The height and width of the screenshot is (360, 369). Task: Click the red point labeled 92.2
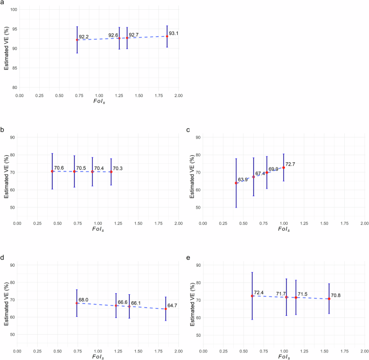tap(77, 40)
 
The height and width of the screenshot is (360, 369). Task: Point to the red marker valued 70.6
tap(52, 171)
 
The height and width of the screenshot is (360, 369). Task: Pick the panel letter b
tap(3, 130)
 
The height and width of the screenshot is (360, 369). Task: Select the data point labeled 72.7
tap(283, 168)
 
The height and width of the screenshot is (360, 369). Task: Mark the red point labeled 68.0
tap(76, 303)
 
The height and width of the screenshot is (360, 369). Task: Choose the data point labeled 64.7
tap(165, 309)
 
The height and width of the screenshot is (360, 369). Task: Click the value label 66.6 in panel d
tap(122, 302)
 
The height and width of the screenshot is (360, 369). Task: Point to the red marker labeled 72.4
tap(252, 296)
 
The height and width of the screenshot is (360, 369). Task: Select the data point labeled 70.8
tap(329, 299)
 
